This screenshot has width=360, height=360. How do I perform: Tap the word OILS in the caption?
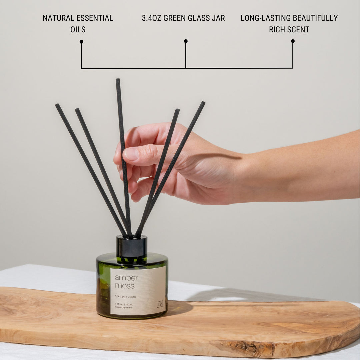pos(78,29)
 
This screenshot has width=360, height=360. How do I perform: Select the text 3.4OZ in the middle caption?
pos(152,18)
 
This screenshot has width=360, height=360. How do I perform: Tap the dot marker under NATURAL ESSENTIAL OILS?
pos(81,42)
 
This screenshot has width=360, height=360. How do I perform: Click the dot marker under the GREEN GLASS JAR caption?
pos(186,41)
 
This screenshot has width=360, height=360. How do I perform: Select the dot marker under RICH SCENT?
pos(293,41)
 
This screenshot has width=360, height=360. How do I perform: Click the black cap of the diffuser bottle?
pos(132,247)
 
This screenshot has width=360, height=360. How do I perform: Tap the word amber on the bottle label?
pos(126,278)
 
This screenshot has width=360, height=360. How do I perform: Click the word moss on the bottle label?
pos(125,286)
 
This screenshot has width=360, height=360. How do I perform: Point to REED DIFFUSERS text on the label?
pos(125,296)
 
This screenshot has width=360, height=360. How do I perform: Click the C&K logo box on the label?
pos(160,304)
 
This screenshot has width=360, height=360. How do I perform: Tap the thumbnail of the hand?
pos(131,154)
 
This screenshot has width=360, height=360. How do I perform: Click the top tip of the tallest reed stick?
pos(118,80)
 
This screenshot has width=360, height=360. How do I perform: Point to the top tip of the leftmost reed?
pos(57,105)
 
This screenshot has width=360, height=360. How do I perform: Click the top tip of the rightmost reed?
pos(203,103)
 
